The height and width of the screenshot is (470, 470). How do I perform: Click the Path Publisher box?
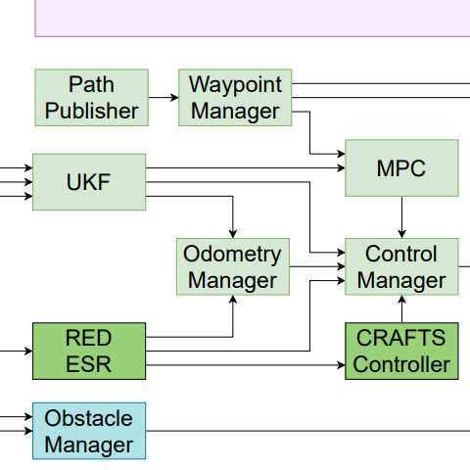[92, 97]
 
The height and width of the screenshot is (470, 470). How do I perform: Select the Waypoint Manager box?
[235, 97]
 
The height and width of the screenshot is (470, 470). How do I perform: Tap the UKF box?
[89, 182]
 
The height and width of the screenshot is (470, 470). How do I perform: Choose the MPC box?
[401, 168]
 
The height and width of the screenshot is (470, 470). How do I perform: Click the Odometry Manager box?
[233, 266]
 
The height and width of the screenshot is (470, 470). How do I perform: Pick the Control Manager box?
[401, 266]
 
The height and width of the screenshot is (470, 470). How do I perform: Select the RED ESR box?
[89, 351]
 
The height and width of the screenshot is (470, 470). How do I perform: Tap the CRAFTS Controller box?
[401, 351]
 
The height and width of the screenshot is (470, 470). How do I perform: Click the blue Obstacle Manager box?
[89, 431]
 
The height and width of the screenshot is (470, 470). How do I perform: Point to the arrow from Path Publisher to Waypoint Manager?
[164, 97]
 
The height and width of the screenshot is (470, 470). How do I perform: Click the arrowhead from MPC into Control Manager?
[401, 234]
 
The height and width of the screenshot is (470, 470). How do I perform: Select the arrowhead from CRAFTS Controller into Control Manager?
[401, 300]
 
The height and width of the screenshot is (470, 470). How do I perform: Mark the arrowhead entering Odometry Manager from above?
[233, 234]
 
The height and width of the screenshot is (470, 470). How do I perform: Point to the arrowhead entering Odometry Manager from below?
[233, 300]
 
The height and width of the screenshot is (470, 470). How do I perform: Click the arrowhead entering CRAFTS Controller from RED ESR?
[341, 365]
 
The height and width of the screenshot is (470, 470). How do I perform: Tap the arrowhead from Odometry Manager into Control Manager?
[341, 266]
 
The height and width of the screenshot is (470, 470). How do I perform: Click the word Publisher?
[92, 111]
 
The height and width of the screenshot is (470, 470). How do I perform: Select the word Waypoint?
[235, 85]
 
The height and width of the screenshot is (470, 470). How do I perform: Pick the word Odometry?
[232, 255]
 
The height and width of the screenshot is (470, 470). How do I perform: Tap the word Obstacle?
[88, 418]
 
